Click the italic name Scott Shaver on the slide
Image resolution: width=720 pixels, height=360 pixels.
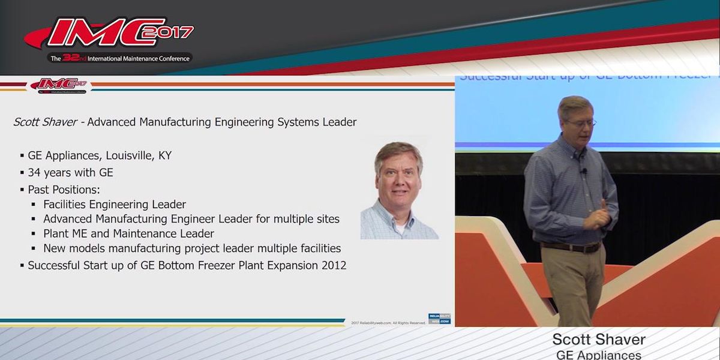(45, 122)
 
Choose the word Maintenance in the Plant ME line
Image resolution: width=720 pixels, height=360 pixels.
(142, 233)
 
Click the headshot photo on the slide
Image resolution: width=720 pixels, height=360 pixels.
(399, 191)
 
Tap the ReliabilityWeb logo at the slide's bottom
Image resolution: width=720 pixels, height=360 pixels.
(439, 319)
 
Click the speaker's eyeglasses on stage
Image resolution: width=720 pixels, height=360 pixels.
(580, 123)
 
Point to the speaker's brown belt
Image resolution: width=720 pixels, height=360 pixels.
(569, 247)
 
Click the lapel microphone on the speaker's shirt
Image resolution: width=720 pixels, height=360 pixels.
(583, 172)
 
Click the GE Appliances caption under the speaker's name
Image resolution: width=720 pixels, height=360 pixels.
(598, 355)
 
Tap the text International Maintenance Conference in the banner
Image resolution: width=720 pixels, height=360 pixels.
(131, 59)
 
